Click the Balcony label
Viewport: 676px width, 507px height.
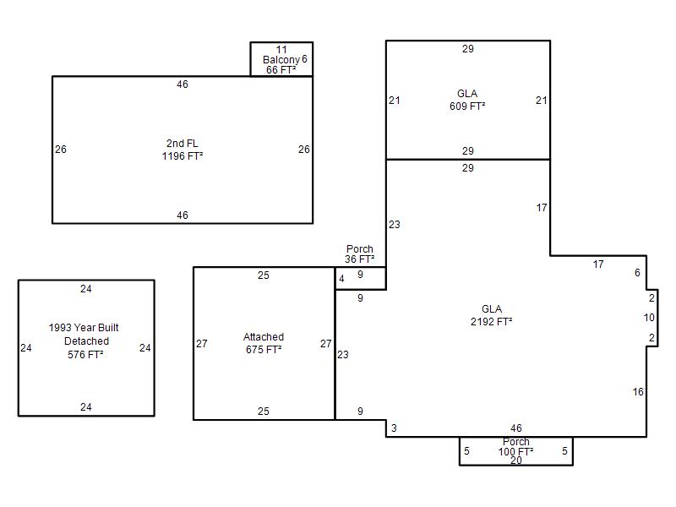(x=281, y=60)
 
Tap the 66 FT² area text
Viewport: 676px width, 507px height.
(x=281, y=70)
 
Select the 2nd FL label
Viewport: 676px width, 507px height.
(x=182, y=143)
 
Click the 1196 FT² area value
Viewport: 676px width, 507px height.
(x=183, y=156)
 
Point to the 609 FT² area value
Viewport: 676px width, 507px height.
(x=467, y=106)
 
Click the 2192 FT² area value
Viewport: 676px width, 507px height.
(x=492, y=322)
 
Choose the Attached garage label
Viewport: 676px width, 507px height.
(x=264, y=336)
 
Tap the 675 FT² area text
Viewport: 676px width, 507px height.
(x=264, y=350)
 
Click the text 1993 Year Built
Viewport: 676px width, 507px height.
(x=84, y=328)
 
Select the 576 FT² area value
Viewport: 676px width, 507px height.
(x=85, y=355)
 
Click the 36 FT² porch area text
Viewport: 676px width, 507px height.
(x=360, y=259)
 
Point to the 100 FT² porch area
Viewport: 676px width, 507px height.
(x=516, y=452)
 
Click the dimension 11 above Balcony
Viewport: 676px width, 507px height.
(x=281, y=50)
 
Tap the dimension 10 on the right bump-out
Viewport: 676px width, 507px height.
(x=649, y=318)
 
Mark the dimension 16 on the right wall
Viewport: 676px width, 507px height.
(x=638, y=392)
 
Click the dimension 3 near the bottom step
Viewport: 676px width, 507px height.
(x=394, y=428)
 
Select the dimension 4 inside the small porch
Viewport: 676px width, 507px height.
(x=342, y=279)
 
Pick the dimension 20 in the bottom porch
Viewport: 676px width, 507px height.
(x=516, y=461)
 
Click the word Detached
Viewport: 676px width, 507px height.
(x=86, y=341)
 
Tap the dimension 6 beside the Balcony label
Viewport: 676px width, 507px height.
(x=304, y=58)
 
